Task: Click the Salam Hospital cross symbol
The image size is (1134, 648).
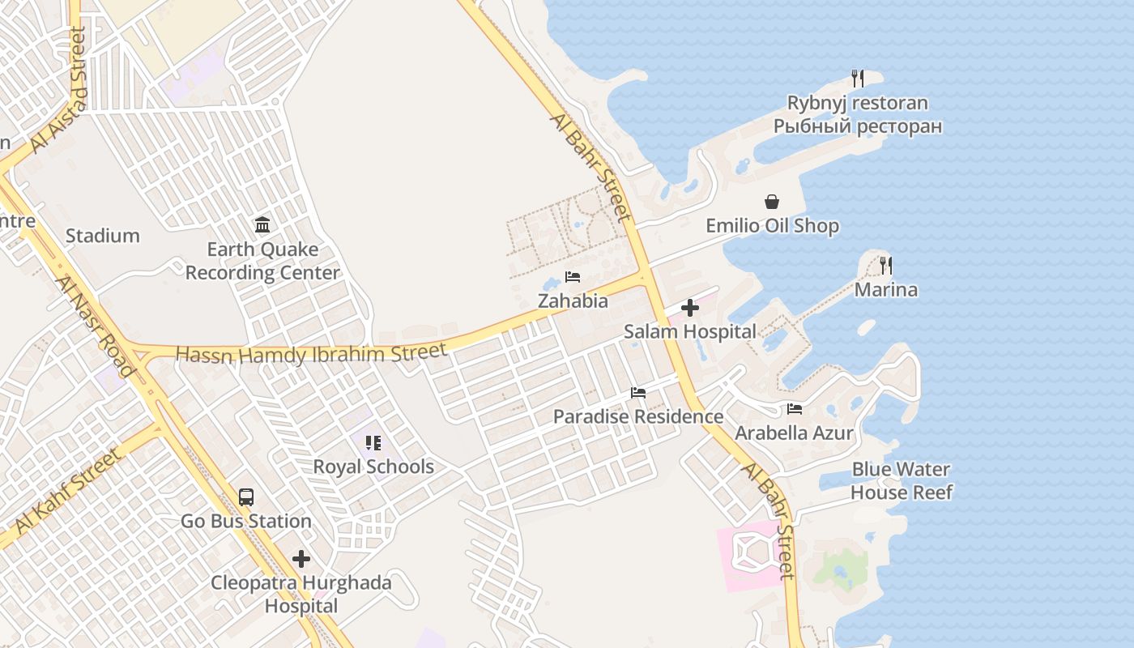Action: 690,308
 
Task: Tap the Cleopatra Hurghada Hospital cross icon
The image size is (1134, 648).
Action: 301,559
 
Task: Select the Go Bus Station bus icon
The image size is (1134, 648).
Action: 245,497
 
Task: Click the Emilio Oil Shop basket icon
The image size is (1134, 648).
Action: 772,202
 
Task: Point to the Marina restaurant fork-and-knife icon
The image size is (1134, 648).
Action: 885,266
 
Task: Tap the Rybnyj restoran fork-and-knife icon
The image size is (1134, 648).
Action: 857,79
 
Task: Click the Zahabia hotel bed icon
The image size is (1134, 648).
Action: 573,277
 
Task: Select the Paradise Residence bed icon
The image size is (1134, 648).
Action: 638,393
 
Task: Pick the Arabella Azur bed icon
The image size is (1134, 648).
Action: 794,409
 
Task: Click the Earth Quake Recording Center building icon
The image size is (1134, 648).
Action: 262,224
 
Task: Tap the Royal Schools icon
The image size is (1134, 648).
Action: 373,443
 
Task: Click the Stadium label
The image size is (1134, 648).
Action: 102,236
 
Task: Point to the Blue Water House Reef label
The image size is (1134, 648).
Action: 901,480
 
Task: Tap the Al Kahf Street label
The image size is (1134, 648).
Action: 67,491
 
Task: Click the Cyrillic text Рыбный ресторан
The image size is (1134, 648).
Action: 857,127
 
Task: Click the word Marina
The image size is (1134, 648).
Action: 886,290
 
